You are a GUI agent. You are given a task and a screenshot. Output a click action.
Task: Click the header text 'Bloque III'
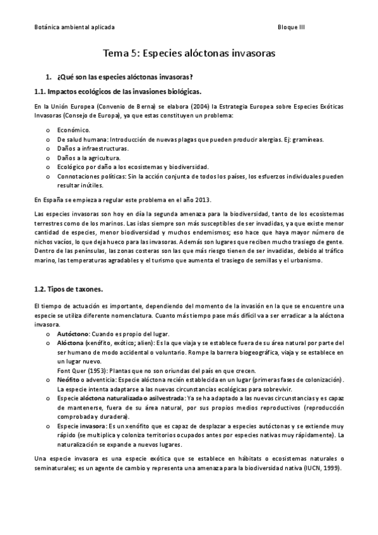pos(291,28)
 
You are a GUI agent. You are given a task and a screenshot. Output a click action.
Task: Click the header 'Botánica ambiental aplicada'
pos(74,28)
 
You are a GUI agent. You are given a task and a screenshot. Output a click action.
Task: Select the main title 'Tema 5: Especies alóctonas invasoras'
pos(189,54)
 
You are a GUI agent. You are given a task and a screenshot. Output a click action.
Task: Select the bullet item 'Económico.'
pos(74,129)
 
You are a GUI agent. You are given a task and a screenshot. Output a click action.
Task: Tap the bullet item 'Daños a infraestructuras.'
pos(93,148)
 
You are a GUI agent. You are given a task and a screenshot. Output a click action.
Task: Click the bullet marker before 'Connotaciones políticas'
pos(48,177)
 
